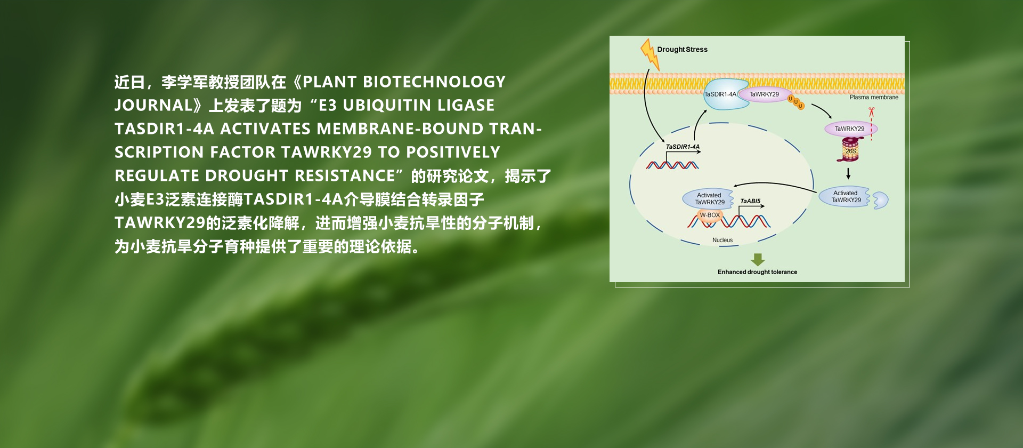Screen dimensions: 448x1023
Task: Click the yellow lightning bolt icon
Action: coord(649,54)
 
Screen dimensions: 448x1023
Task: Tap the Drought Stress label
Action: coord(682,50)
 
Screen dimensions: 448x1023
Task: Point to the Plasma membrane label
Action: coord(874,98)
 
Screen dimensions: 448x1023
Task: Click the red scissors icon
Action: coord(872,111)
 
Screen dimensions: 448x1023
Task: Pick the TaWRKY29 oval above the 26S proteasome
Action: coord(850,129)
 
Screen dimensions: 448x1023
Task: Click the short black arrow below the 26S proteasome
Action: coord(848,174)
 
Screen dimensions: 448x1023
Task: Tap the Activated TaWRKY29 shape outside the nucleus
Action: coord(846,197)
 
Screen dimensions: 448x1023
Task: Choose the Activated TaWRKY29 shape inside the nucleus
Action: coord(709,199)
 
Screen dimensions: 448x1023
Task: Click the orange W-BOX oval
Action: coord(710,215)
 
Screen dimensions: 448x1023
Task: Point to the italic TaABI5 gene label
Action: coord(750,201)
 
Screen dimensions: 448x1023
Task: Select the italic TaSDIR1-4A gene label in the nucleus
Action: coord(683,147)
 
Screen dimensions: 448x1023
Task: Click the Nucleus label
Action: coord(722,240)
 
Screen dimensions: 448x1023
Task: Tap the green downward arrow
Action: coord(758,260)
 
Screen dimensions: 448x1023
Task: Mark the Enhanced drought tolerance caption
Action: coord(757,272)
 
